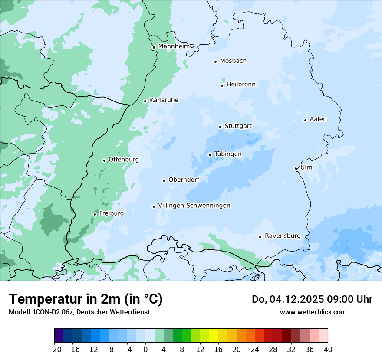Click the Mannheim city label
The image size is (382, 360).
click(x=174, y=46)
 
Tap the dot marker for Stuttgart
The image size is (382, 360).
click(x=220, y=127)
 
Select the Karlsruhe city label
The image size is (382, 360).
click(x=164, y=100)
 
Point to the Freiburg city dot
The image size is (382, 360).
click(x=95, y=214)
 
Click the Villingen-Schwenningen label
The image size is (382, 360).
click(x=194, y=206)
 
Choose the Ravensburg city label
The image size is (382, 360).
click(x=282, y=236)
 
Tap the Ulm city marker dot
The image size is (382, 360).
click(x=296, y=168)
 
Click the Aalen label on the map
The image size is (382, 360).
click(x=318, y=119)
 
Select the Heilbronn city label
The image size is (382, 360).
click(x=241, y=85)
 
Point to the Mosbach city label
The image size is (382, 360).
click(x=233, y=61)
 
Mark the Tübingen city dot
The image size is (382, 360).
click(x=210, y=155)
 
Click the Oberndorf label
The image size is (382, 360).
click(x=184, y=180)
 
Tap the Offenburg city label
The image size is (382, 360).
click(x=124, y=160)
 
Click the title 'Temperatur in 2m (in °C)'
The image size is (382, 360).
click(x=86, y=299)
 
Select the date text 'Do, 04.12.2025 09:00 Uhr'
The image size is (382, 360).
click(x=312, y=299)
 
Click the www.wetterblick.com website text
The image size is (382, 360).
click(x=313, y=312)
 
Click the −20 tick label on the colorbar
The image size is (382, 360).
click(x=54, y=350)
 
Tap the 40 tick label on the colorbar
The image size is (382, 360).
click(x=328, y=350)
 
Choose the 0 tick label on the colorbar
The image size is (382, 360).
click(x=145, y=350)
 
